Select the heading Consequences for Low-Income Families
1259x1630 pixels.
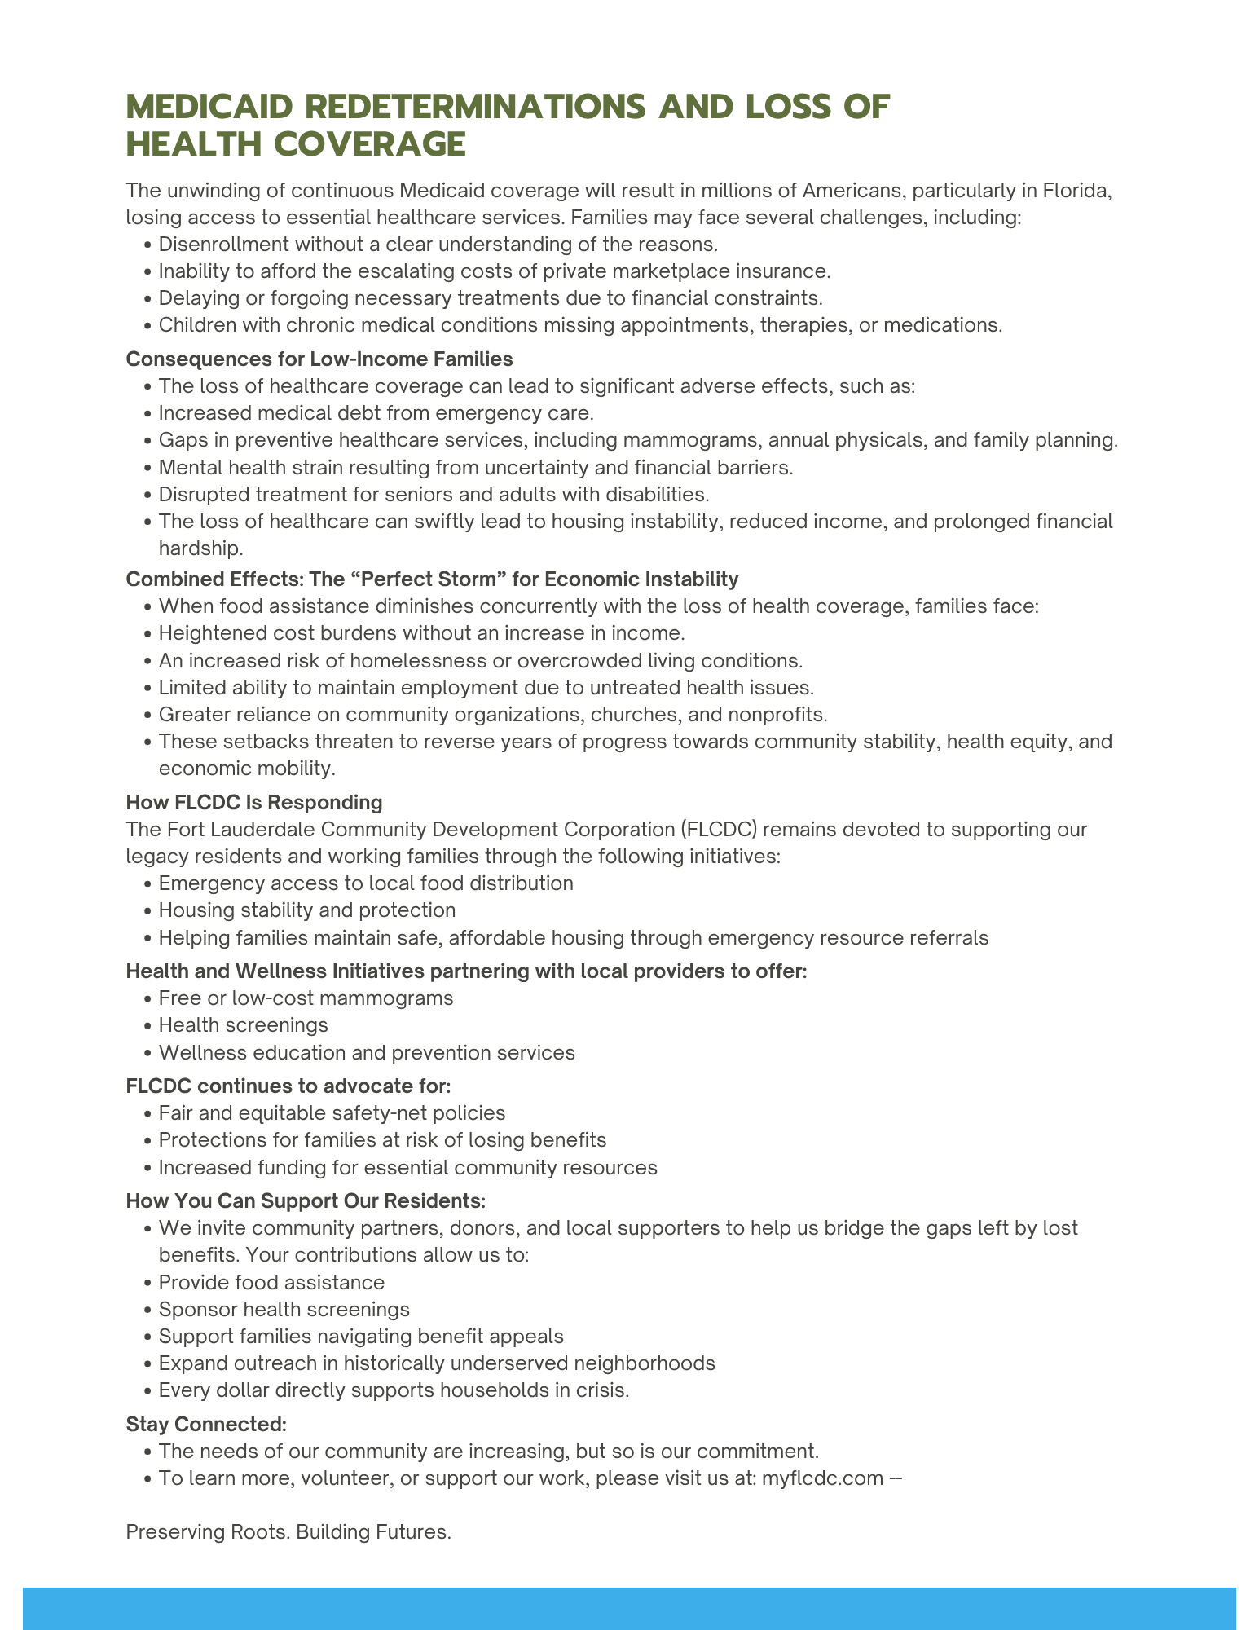pyautogui.click(x=319, y=359)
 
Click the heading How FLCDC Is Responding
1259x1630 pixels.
pyautogui.click(x=254, y=802)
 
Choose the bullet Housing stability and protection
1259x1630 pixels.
pyautogui.click(x=307, y=910)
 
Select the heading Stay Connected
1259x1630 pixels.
pyautogui.click(x=206, y=1424)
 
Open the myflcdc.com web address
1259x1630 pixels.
pyautogui.click(x=822, y=1478)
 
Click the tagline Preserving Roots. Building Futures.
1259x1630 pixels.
pyautogui.click(x=288, y=1532)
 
